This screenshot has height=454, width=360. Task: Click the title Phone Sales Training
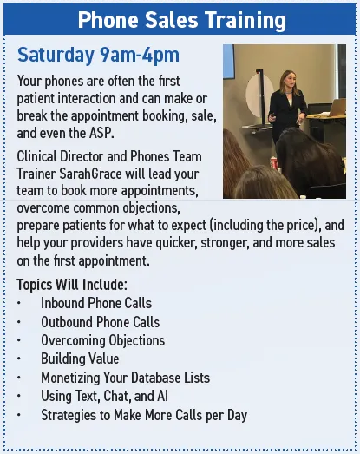tap(182, 20)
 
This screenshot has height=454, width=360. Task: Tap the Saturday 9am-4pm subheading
tap(98, 55)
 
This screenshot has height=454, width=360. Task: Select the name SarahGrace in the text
tap(90, 174)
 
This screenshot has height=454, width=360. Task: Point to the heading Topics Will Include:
tap(72, 285)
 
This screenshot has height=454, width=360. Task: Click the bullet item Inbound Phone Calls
tap(96, 303)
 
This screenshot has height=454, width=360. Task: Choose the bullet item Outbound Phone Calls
tap(100, 322)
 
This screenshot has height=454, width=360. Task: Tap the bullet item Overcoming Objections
tap(102, 340)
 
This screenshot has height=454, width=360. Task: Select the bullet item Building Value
tap(80, 359)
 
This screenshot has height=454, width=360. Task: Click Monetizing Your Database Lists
tap(125, 378)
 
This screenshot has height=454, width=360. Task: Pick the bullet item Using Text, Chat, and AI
tap(104, 396)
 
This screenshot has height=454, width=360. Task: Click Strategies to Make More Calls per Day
tap(144, 415)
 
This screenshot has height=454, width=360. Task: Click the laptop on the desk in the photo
tap(337, 107)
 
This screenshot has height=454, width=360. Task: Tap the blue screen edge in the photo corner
tap(228, 61)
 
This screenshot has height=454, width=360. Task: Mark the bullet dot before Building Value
tap(19, 359)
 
